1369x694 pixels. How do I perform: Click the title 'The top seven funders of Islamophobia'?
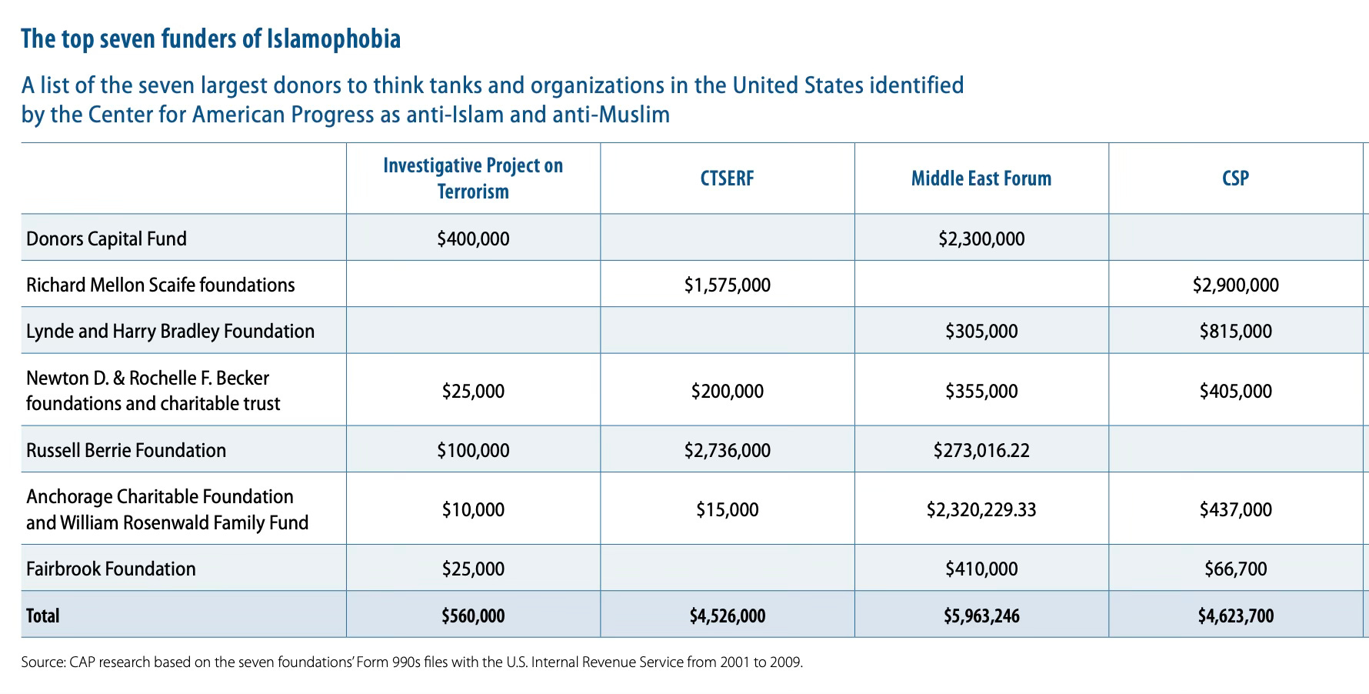211,38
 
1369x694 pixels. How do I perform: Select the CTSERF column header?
727,179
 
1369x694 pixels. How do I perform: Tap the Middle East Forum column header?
981,179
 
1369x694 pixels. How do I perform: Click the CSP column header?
1235,179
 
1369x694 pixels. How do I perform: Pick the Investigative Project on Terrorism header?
473,178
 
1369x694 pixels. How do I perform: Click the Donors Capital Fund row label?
106,239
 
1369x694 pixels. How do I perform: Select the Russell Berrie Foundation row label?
126,450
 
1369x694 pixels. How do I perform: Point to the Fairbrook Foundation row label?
111,569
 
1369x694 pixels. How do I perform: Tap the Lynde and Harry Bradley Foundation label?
170,331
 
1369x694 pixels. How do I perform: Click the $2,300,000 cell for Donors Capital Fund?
981,239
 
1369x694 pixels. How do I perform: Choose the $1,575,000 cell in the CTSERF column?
727,285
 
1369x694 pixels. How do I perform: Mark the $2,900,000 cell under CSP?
1235,285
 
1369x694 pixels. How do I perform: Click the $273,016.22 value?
981,450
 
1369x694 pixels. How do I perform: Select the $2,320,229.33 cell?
981,509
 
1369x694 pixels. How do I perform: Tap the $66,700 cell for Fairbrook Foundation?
1235,569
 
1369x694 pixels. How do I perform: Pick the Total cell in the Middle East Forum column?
981,616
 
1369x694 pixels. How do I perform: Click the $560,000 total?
473,616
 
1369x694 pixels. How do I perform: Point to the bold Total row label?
42,616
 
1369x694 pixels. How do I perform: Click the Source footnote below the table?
411,662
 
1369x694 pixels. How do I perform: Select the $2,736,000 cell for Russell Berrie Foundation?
727,450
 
